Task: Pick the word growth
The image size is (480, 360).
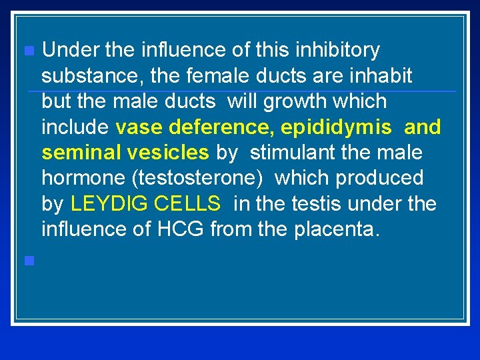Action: click(x=293, y=101)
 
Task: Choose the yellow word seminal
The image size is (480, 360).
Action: click(x=79, y=153)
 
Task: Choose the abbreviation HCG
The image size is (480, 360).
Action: click(x=181, y=229)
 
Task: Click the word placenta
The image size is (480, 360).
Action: click(x=341, y=229)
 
